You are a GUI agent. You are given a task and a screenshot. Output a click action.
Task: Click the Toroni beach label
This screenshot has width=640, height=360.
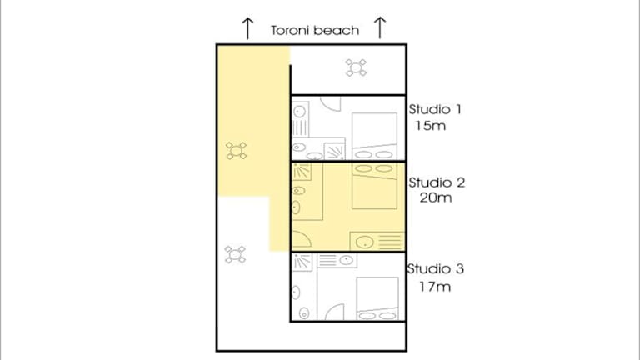click(315, 31)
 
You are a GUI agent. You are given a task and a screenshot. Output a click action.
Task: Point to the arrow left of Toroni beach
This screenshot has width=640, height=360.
click(247, 28)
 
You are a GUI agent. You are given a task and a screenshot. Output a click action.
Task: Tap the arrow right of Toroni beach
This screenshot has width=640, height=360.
click(380, 27)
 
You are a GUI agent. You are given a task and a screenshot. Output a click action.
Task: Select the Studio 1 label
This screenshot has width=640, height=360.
click(435, 109)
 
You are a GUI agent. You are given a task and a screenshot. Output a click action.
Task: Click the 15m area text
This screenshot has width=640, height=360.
click(431, 126)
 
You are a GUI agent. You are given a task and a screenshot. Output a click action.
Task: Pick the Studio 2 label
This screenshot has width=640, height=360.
click(437, 182)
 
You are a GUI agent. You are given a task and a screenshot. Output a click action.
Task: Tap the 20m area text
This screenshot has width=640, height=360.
click(436, 198)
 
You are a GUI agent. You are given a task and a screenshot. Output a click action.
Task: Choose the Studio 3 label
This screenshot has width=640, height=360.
click(436, 269)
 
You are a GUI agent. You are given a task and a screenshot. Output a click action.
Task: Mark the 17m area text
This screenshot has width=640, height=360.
click(435, 287)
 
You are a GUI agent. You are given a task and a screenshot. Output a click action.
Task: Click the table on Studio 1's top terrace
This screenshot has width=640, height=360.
click(356, 67)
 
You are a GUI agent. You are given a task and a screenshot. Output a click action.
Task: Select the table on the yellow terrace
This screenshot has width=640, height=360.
click(237, 151)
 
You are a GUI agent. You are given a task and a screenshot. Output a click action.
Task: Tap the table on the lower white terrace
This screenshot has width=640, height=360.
click(235, 255)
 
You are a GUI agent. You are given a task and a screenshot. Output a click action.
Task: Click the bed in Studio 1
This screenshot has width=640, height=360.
click(374, 136)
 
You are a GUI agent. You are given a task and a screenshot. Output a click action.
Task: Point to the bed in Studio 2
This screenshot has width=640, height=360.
click(374, 186)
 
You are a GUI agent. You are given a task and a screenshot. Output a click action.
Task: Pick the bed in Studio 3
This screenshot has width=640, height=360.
click(377, 299)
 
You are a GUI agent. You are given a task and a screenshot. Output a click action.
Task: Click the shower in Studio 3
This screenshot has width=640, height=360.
click(302, 262)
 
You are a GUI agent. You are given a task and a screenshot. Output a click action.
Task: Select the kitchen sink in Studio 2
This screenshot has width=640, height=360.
click(365, 242)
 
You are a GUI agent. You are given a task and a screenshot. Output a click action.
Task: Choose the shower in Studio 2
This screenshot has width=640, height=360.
click(302, 172)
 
